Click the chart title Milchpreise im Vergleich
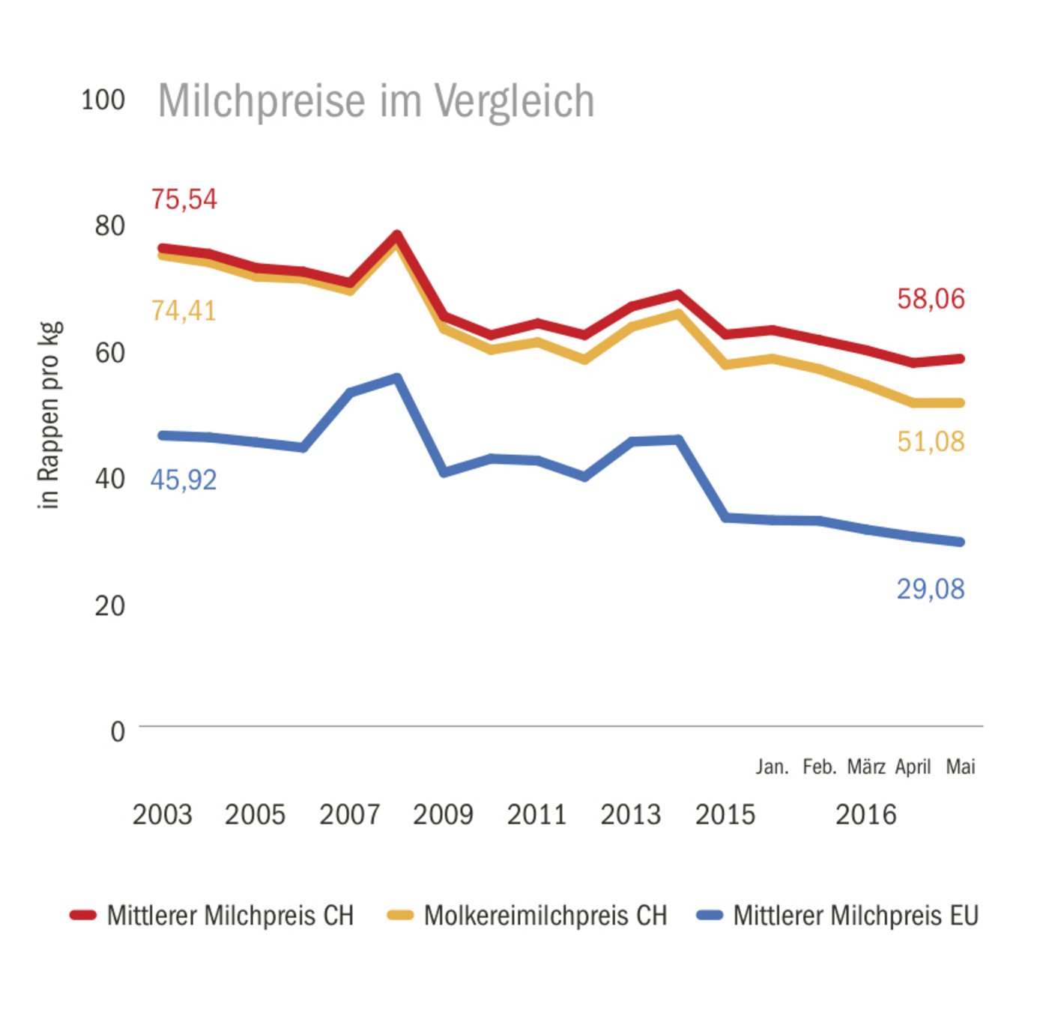click(375, 101)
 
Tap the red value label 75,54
click(184, 199)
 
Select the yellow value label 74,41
click(184, 310)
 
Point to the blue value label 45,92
click(184, 480)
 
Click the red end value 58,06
click(931, 299)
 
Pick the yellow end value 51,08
click(931, 441)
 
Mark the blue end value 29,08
click(931, 589)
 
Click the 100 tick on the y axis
click(103, 100)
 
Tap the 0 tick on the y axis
click(118, 731)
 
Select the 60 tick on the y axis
click(109, 352)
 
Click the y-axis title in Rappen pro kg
click(49, 416)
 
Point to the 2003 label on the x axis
click(162, 814)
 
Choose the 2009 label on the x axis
click(443, 814)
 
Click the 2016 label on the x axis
click(865, 814)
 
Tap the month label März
click(866, 767)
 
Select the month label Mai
click(961, 767)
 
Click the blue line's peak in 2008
click(397, 378)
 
